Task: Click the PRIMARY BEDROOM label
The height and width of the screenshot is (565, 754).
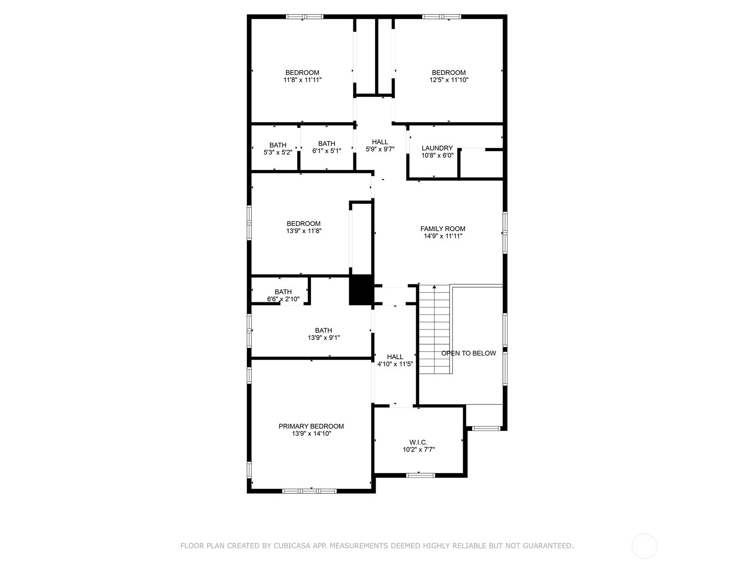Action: [311, 426]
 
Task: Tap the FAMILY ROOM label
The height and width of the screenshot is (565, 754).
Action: [443, 229]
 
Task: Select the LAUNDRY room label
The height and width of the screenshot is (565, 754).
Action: [437, 148]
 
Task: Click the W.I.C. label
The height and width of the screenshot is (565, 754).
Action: [418, 442]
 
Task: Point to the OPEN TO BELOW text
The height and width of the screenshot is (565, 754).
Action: [468, 353]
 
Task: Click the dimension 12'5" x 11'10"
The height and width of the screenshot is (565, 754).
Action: [449, 80]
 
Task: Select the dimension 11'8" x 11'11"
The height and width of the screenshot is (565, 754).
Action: [302, 80]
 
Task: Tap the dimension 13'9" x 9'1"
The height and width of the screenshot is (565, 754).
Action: [323, 338]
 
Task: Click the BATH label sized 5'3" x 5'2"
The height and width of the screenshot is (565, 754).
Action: [278, 145]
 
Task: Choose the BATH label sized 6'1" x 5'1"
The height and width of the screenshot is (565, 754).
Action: [326, 144]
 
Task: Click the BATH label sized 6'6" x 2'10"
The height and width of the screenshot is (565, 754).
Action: [283, 292]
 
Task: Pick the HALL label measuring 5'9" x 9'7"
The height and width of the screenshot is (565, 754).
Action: [380, 142]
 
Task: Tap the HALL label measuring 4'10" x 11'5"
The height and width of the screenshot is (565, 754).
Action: [395, 357]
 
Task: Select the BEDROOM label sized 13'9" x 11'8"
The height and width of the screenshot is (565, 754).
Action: [303, 224]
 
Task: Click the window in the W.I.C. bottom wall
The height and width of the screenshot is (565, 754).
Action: [420, 475]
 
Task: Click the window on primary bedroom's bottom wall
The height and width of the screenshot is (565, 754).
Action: [309, 491]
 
